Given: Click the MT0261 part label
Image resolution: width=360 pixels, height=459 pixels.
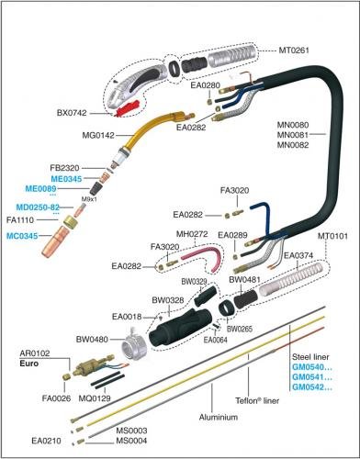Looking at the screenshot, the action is (x=294, y=50).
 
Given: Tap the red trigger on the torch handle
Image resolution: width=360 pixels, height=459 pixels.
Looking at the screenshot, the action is (x=127, y=108).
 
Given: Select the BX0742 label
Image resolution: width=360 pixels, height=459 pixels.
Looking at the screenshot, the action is (x=72, y=113).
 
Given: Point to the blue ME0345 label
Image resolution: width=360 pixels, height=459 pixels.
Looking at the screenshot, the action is (x=66, y=179).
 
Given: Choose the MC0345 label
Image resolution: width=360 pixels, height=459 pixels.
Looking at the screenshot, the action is (x=22, y=236).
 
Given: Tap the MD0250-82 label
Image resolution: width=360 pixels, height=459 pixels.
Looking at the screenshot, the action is (x=38, y=207).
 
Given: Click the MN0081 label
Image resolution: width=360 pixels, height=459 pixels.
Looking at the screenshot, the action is (x=293, y=135).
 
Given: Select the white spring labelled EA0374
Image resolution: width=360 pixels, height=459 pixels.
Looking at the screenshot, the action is (x=291, y=281).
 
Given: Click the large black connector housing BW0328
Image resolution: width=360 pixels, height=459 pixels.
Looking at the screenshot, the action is (x=181, y=328).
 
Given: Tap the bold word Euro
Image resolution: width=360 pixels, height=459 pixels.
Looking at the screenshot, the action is (x=29, y=364).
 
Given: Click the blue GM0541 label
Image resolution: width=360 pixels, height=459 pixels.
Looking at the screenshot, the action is (x=312, y=377).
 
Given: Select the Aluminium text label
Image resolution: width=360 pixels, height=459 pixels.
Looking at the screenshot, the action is (x=219, y=417).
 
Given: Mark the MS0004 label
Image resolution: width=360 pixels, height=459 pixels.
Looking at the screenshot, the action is (x=131, y=441).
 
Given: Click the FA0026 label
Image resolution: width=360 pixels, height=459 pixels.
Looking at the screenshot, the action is (x=56, y=398).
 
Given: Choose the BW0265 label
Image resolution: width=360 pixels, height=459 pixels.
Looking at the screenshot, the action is (x=240, y=329).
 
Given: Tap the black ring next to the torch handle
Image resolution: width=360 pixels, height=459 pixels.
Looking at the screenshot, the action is (x=174, y=69).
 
